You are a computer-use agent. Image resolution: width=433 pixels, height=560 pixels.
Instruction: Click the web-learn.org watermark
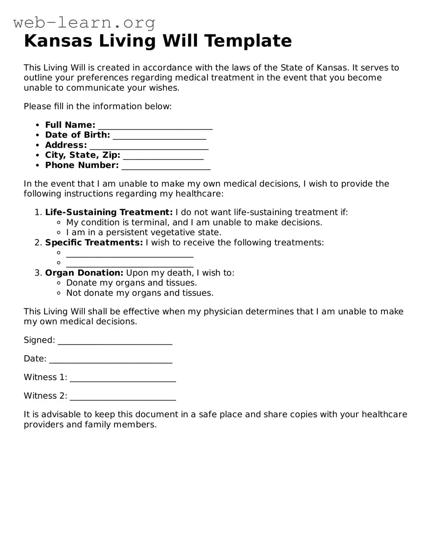[84, 22]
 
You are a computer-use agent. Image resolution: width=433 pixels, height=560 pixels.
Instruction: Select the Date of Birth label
[77, 135]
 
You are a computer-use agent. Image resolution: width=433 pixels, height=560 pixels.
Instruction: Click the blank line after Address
[149, 146]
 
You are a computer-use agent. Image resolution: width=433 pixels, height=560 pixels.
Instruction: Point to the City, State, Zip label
[82, 155]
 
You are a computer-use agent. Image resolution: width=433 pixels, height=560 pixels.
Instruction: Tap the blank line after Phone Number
[166, 167]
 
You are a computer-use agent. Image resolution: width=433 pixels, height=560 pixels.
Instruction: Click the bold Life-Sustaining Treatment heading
[109, 212]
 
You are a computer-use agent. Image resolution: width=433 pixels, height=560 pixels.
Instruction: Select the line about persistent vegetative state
[144, 233]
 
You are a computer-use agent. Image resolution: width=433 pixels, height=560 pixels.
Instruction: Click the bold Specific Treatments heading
[94, 243]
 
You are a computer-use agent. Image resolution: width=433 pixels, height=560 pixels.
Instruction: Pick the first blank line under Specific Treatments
[130, 254]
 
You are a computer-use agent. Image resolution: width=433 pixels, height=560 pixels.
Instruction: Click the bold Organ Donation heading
[84, 273]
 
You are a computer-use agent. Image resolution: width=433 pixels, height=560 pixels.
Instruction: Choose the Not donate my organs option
[139, 293]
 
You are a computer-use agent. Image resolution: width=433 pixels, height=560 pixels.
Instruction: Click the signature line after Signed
[115, 342]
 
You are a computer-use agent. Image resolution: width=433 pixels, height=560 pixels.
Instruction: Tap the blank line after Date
[111, 360]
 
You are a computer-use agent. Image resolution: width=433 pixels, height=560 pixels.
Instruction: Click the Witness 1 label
[45, 377]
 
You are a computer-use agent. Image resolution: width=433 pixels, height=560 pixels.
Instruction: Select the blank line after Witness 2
[123, 398]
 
